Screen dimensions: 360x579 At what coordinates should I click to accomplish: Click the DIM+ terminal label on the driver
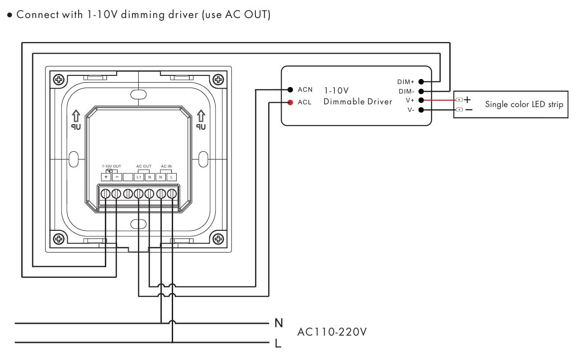405,82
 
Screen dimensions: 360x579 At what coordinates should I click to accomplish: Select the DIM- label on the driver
406,91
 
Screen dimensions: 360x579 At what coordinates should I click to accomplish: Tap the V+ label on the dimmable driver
410,100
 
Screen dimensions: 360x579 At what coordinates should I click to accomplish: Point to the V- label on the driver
410,110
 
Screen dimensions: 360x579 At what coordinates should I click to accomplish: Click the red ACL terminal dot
290,102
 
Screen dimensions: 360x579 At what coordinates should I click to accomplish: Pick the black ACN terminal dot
290,89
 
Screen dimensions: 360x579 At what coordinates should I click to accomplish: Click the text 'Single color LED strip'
524,104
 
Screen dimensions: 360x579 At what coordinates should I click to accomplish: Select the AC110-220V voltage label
332,332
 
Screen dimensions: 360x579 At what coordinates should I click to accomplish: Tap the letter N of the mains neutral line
278,323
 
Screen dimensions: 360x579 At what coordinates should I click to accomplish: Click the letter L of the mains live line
278,343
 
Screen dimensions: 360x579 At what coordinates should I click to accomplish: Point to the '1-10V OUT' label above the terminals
111,167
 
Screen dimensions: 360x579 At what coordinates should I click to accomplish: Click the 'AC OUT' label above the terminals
144,167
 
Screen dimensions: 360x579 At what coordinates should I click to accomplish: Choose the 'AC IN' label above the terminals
166,167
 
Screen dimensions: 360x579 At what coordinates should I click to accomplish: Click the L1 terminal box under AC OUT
139,177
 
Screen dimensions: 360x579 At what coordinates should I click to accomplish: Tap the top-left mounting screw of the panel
59,80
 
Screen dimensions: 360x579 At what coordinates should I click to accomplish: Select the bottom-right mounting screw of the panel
218,238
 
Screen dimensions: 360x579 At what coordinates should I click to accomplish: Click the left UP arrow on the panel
75,117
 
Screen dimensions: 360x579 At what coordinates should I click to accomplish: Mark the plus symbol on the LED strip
467,99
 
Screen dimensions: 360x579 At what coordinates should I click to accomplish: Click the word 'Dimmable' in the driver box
341,102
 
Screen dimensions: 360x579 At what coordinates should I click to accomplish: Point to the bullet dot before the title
9,15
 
